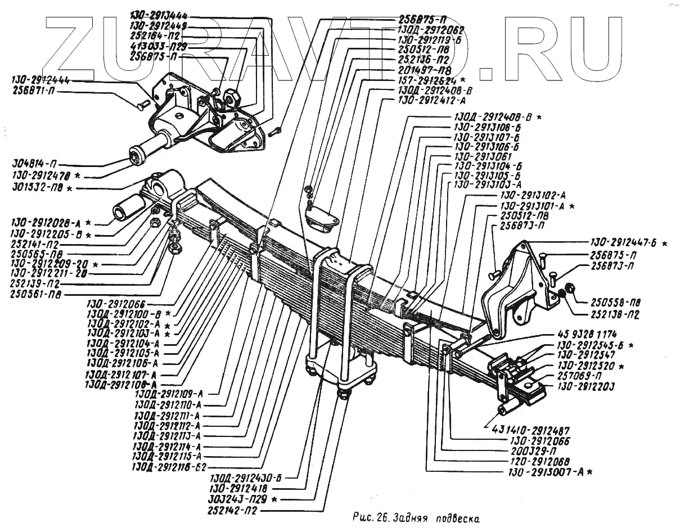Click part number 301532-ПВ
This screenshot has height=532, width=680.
pos(39,187)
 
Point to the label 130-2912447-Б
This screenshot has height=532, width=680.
pos(624,243)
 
